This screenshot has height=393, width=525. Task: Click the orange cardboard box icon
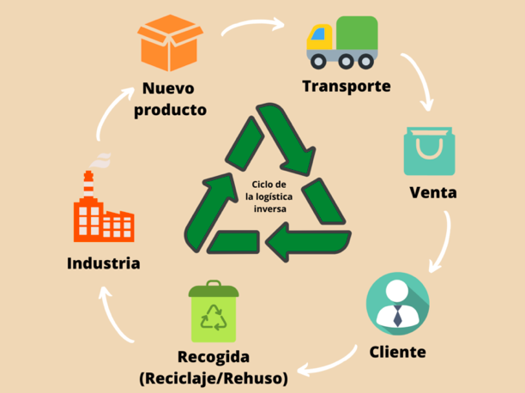click(x=171, y=44)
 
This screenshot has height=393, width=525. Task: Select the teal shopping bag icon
click(x=429, y=152)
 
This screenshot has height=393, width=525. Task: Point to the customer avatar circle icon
click(x=397, y=303)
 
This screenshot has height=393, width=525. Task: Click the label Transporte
click(x=346, y=87)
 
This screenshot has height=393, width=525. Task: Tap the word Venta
click(x=432, y=192)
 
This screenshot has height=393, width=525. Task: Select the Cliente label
click(x=397, y=352)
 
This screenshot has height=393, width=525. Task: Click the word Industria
click(x=103, y=263)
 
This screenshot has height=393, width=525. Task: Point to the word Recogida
click(x=213, y=357)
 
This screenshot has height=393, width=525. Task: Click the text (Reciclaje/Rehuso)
click(x=213, y=377)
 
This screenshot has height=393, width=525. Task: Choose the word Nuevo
click(x=169, y=89)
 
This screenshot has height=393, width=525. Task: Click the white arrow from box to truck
click(x=252, y=24)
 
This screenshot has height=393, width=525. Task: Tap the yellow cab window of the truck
click(x=321, y=35)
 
